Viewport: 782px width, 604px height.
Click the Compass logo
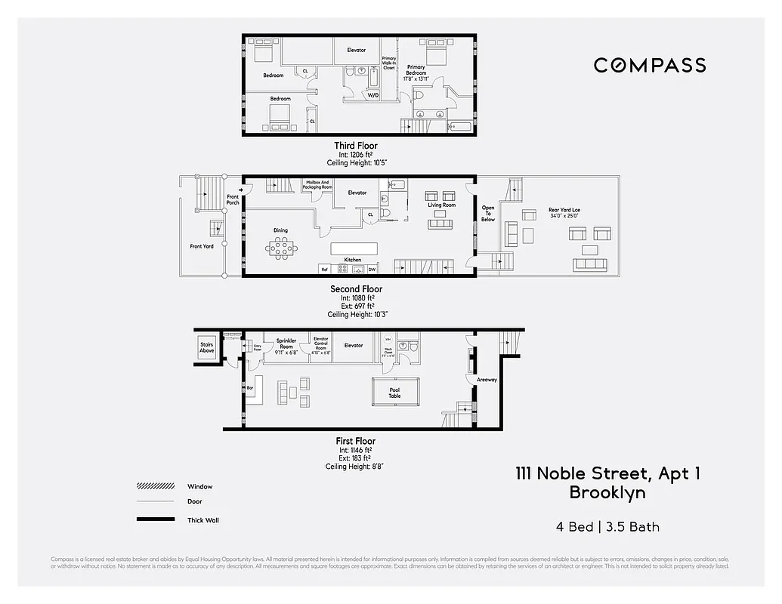pyautogui.click(x=650, y=65)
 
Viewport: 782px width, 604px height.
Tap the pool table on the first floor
pyautogui.click(x=394, y=391)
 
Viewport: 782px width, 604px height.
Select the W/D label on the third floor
pyautogui.click(x=373, y=96)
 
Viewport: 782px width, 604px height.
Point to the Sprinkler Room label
pyautogui.click(x=286, y=344)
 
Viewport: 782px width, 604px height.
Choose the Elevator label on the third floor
pyautogui.click(x=357, y=50)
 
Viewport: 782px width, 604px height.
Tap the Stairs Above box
pyautogui.click(x=207, y=348)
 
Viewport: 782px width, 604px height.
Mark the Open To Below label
pyautogui.click(x=488, y=214)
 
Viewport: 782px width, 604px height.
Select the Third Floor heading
pyautogui.click(x=356, y=146)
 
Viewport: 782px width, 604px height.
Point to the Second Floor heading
pyautogui.click(x=356, y=289)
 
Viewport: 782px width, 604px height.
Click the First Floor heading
pyautogui.click(x=356, y=441)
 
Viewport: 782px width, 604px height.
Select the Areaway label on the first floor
pyautogui.click(x=487, y=380)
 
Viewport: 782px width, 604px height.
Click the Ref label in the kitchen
pyautogui.click(x=325, y=270)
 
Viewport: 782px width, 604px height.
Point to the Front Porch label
pyautogui.click(x=233, y=200)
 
